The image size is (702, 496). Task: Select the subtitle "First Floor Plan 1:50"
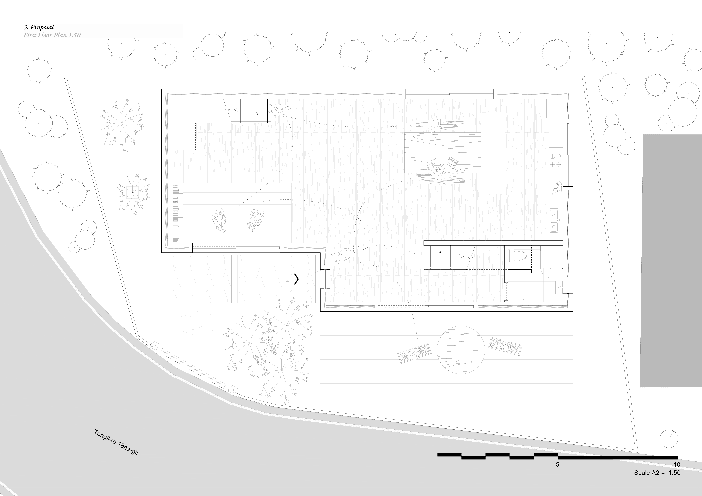click(52, 35)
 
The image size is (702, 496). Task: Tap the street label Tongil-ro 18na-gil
click(116, 442)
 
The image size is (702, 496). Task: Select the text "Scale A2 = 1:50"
click(657, 473)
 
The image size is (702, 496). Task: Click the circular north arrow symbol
click(669, 439)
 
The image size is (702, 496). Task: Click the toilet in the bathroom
click(517, 255)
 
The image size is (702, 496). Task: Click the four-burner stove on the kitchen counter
click(555, 160)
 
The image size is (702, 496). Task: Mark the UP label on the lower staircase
click(440, 253)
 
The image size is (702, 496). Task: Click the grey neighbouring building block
click(671, 260)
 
